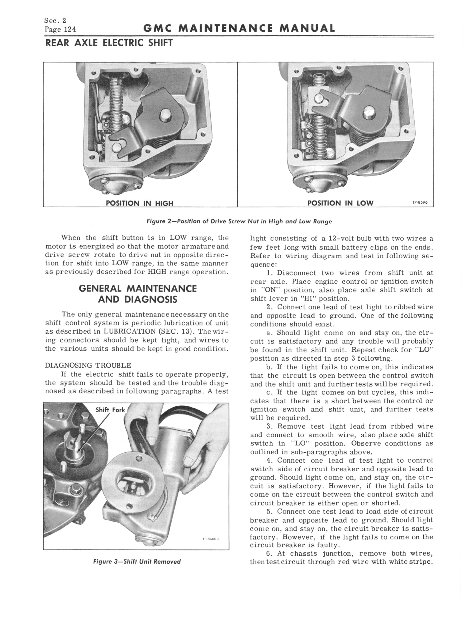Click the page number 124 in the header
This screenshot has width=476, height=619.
pos(70,29)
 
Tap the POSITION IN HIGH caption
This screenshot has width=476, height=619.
pos(139,203)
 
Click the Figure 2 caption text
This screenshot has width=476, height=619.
pos(239,222)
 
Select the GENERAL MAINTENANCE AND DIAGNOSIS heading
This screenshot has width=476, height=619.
pos(137,294)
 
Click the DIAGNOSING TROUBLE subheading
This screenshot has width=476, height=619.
pos(88,366)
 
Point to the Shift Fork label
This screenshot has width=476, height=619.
pos(110,410)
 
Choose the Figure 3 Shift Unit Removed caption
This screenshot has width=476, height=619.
pos(137,561)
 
